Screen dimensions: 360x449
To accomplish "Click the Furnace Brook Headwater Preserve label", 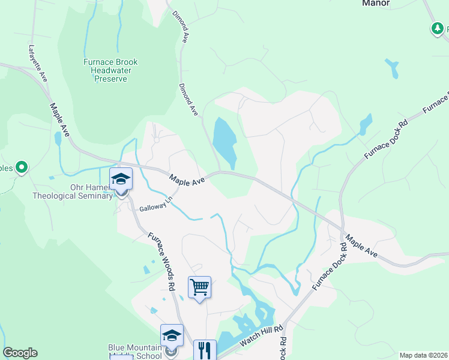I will coord(110,70).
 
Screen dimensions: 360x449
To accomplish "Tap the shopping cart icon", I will coord(200,287).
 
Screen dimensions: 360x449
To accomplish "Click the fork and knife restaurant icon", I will coord(205,350).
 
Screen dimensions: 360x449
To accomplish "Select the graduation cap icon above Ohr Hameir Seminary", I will coord(121,179).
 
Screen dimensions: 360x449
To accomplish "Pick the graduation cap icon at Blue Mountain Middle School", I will coord(172,335).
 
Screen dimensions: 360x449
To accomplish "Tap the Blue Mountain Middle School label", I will coord(135,351).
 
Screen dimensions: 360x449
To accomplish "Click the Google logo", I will coord(20,353).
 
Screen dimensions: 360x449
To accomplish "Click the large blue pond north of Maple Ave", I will coord(224,142).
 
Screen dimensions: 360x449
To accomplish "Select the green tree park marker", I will coord(438,28).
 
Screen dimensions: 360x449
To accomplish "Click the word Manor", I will coord(376,3).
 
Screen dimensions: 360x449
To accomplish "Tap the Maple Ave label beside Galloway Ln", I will coord(187,179).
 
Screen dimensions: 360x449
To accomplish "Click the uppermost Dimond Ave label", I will coord(181,26).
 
